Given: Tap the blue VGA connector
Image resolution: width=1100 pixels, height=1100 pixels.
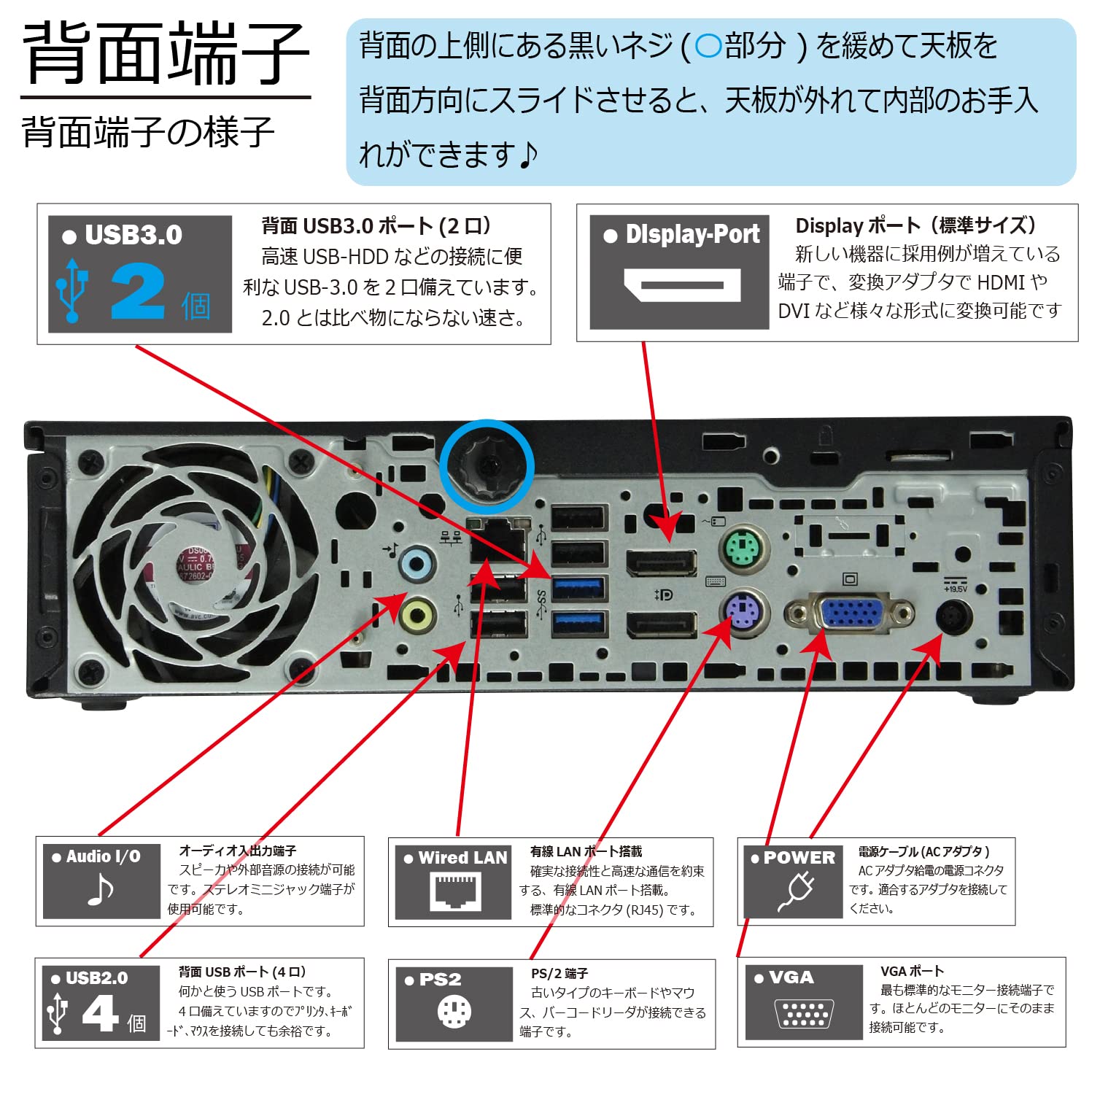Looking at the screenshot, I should point(851,612).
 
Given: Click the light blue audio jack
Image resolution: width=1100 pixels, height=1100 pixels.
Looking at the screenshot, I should point(417,563).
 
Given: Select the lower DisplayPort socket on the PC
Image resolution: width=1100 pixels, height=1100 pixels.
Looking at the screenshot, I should point(661,626).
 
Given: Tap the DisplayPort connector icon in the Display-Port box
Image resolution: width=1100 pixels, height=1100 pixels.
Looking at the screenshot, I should point(681,285).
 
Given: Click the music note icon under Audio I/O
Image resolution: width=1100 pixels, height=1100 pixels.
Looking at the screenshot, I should point(100,889).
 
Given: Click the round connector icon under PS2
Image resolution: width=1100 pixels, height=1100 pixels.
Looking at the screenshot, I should point(454,1012).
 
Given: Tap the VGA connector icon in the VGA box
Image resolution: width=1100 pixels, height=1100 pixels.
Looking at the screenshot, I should point(803,1013).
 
